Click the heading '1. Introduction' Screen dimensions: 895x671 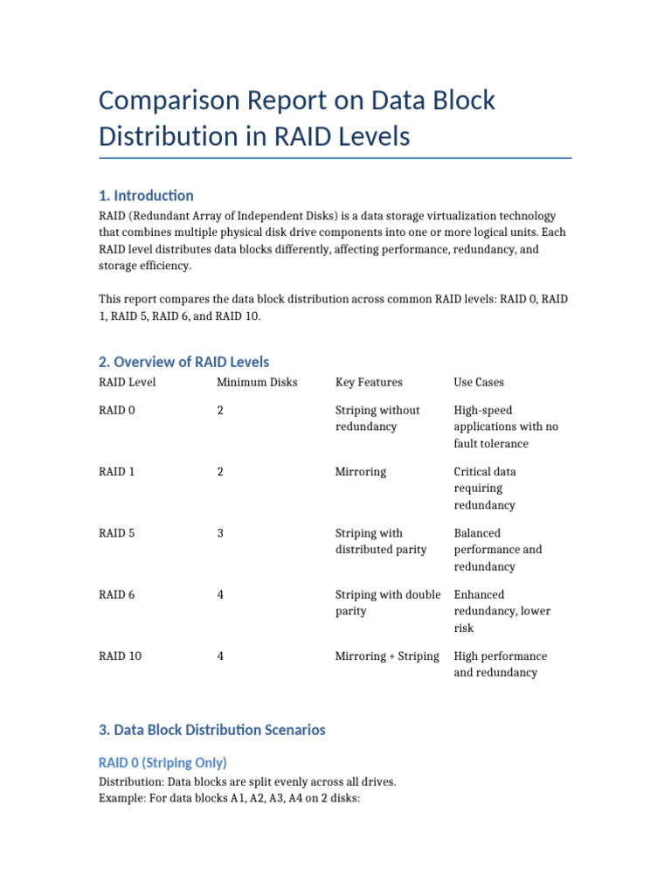[146, 195]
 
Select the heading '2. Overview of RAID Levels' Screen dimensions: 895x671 [183, 362]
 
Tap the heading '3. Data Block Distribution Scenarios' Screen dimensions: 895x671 [211, 730]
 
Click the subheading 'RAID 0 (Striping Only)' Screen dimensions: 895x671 [163, 762]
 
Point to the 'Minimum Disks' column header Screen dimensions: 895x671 [257, 382]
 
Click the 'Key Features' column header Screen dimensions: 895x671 [369, 382]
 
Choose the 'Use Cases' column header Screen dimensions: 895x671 [479, 382]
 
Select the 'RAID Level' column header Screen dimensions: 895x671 [128, 382]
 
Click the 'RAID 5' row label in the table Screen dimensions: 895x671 [117, 533]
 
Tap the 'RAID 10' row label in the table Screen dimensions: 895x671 [121, 656]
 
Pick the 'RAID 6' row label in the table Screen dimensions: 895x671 [117, 594]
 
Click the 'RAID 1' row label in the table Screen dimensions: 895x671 [117, 472]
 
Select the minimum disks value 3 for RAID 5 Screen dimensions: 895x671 [220, 533]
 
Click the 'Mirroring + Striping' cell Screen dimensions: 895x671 [387, 656]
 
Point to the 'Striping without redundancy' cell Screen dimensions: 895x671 [377, 419]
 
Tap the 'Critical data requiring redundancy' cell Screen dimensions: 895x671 [485, 489]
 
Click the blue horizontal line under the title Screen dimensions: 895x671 [335, 158]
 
